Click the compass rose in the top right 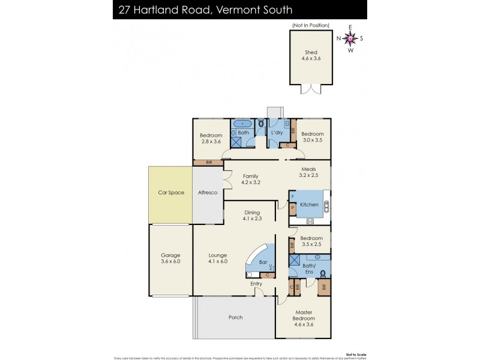[x=350, y=38]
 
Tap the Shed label [x=310, y=53]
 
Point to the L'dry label [x=277, y=133]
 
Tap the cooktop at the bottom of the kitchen [x=310, y=221]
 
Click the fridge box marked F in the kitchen [x=292, y=196]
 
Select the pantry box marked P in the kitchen [x=292, y=208]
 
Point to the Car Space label [x=171, y=193]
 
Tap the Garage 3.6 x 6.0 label [x=170, y=258]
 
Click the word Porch [x=235, y=317]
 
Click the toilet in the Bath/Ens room [x=324, y=274]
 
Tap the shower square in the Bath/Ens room [x=295, y=260]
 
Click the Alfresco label [x=208, y=193]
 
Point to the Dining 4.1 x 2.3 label [x=251, y=215]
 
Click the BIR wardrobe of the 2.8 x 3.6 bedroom [x=208, y=162]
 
